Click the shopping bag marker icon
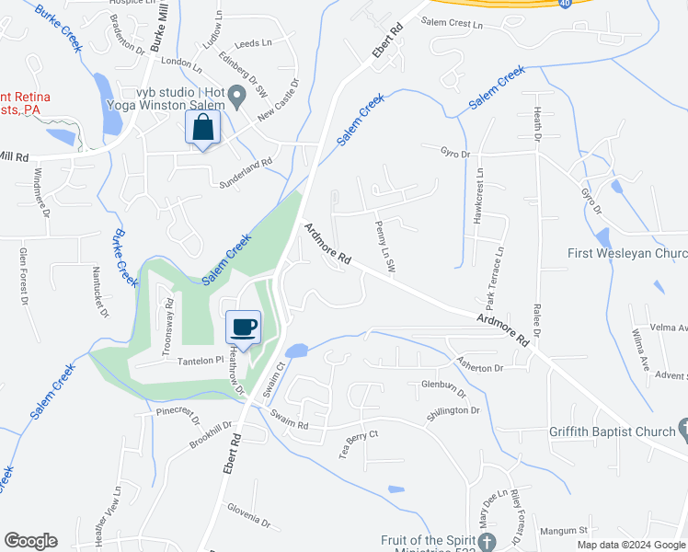tap(203, 128)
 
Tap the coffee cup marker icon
tap(244, 327)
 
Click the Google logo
tap(30, 541)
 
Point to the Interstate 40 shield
tap(563, 4)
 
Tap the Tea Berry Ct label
tap(359, 444)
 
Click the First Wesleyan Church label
tap(626, 254)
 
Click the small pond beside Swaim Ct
tap(296, 351)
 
